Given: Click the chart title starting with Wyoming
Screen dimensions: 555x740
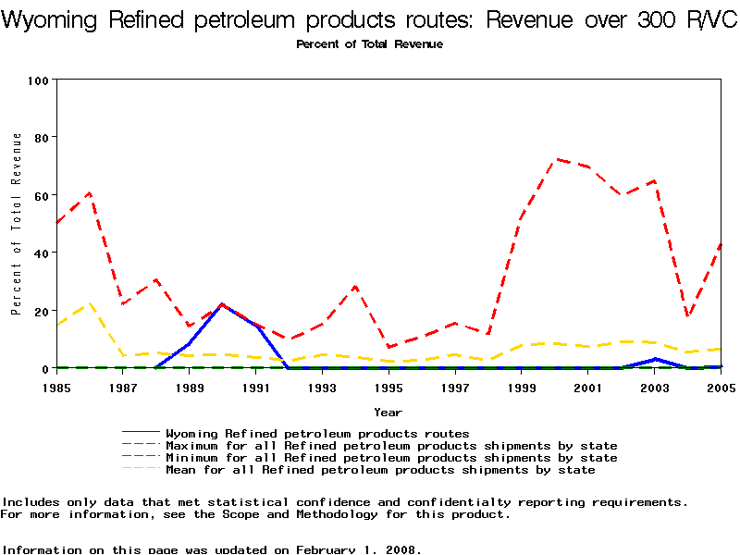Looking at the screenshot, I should coord(370,21).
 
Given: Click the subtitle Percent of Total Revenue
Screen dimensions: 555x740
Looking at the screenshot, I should coord(369,44).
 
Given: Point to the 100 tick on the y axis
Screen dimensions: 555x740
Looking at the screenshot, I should coord(37,80).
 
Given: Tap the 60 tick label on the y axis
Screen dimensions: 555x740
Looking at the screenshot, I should coord(41,195).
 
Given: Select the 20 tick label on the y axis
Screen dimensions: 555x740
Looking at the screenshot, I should coord(41,311).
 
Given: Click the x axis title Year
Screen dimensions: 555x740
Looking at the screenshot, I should coord(388,412).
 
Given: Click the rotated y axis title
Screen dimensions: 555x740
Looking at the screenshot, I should coord(17,224).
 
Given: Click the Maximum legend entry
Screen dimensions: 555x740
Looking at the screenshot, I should coord(391,445).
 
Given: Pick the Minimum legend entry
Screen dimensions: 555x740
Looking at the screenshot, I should coord(391,457).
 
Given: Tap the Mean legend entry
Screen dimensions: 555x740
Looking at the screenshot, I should coord(380,470).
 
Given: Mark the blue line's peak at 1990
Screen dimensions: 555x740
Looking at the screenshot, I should coord(222,304).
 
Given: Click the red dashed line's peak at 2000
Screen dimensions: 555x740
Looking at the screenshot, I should coord(555,159).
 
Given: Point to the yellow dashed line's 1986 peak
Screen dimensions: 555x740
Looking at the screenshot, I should coord(90,303).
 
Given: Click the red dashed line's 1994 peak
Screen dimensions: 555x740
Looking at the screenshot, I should coord(355,287).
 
